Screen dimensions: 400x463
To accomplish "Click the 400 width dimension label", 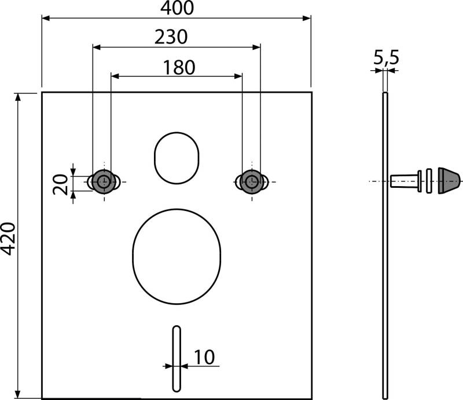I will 177,8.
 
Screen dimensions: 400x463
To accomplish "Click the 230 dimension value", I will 171,37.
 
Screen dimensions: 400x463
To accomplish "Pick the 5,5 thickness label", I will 386,57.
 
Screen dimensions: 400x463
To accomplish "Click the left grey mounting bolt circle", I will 104,181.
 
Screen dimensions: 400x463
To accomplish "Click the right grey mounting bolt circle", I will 251,181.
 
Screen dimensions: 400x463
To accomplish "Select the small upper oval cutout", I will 177,157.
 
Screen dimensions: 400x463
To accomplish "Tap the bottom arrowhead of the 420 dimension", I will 19,394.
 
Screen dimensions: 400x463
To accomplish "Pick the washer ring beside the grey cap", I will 429,181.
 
